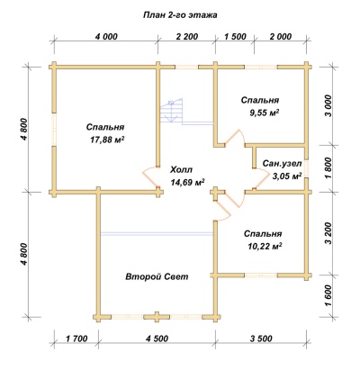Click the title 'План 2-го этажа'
180,15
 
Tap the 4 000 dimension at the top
106,37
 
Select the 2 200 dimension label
187,37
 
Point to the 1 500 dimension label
235,37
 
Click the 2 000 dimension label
281,37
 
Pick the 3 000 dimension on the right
328,105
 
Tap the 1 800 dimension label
328,168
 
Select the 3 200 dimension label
328,233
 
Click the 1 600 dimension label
328,295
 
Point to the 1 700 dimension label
76,338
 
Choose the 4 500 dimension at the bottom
157,338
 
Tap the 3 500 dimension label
261,338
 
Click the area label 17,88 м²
107,140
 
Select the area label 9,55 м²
264,113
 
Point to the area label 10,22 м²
265,247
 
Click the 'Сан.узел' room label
282,164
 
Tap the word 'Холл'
181,170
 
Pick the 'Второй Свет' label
157,276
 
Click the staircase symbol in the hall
171,111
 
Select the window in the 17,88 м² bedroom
54,130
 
